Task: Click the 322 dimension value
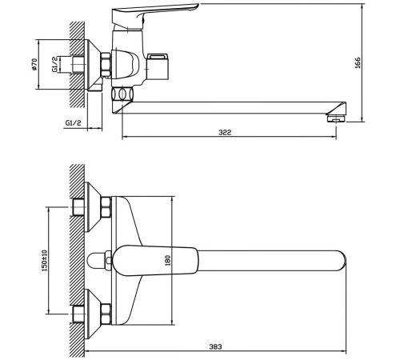tap(225, 132)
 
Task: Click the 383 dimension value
tap(215, 346)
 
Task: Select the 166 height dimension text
tap(358, 62)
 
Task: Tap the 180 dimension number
tap(167, 260)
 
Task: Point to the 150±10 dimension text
tap(44, 260)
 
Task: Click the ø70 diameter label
tap(34, 64)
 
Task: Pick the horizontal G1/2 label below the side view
tap(73, 123)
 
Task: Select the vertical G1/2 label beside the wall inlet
tap(54, 64)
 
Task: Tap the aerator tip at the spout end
tap(336, 118)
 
